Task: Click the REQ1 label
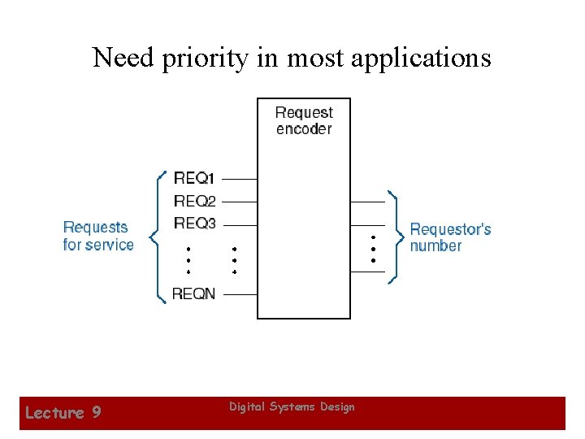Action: [194, 177]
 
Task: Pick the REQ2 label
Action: [194, 200]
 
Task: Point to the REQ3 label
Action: [194, 223]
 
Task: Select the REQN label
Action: [194, 293]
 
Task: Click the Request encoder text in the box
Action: [304, 120]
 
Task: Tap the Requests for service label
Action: [97, 236]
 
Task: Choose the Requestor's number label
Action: [450, 237]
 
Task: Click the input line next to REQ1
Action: [239, 178]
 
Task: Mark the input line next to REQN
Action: [239, 294]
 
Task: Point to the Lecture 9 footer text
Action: [63, 413]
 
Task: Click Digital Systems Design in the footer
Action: [292, 406]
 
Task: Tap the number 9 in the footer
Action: [96, 413]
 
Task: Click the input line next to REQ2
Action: [239, 201]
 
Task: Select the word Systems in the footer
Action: [292, 406]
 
